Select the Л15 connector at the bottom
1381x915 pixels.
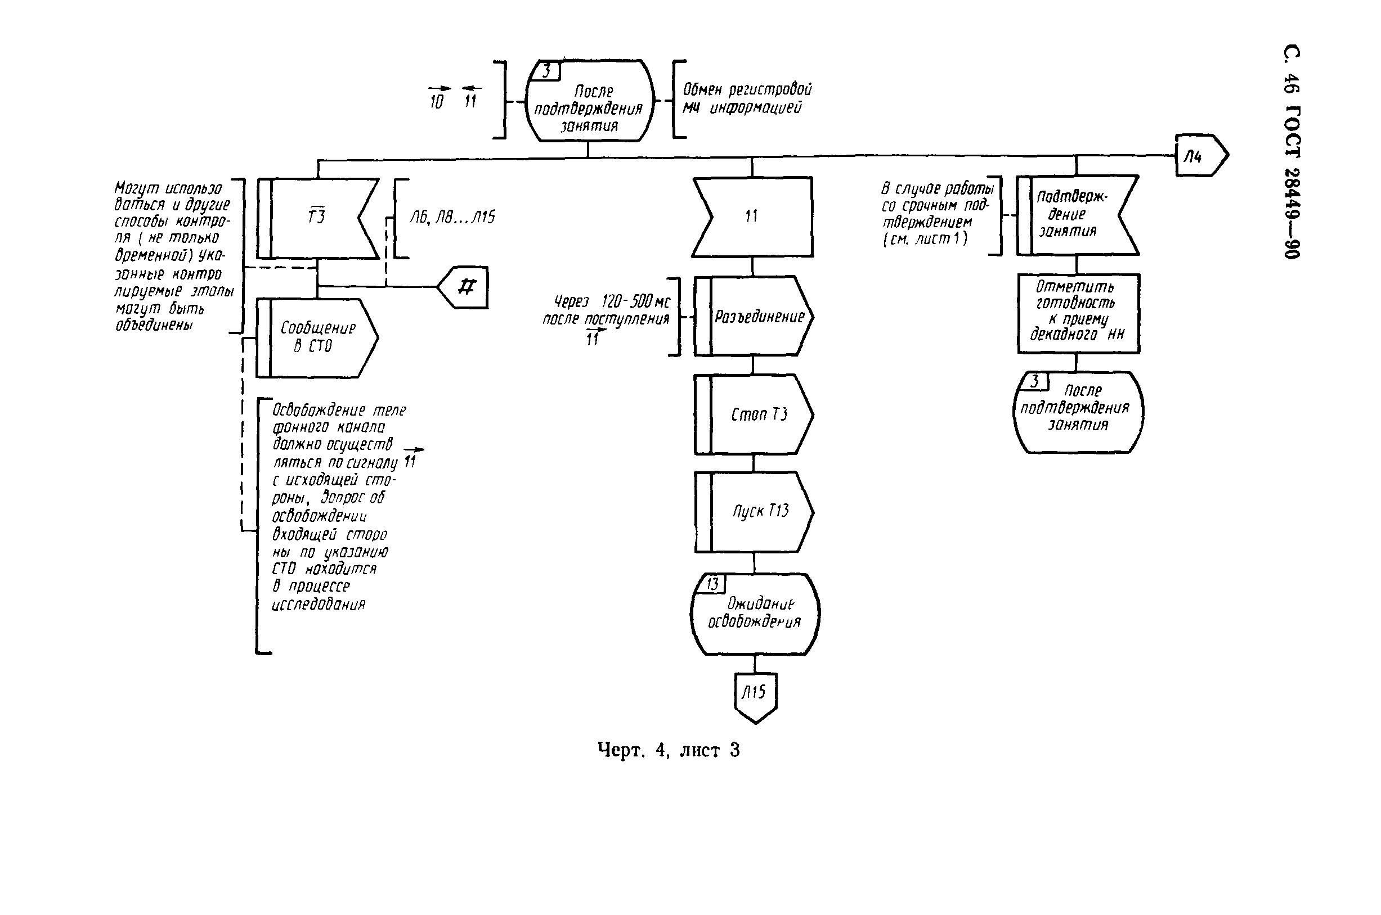click(755, 696)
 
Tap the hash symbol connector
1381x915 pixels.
click(464, 287)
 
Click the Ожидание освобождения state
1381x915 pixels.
click(755, 614)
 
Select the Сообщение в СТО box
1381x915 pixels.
click(317, 337)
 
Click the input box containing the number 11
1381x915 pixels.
click(752, 217)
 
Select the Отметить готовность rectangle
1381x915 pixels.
click(1078, 313)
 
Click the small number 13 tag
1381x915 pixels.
click(712, 584)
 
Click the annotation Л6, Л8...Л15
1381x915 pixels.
click(452, 218)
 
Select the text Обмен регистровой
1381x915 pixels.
click(747, 90)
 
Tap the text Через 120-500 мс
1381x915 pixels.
click(611, 301)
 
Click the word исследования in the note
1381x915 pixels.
click(319, 605)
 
